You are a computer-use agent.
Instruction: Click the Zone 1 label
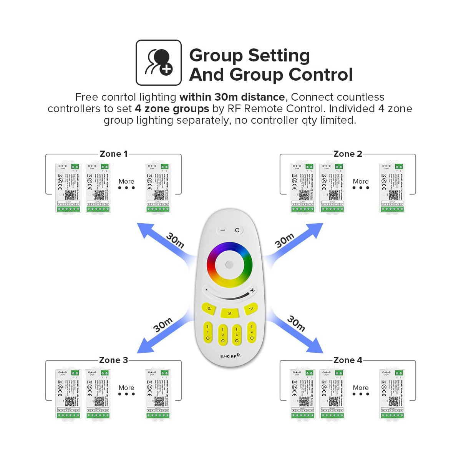[x=113, y=154]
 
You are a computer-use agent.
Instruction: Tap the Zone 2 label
[x=348, y=154]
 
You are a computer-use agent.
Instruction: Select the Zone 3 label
[x=113, y=360]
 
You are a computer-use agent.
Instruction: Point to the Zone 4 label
[x=348, y=360]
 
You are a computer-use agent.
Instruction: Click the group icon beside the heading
[x=158, y=63]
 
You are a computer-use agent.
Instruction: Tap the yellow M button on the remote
[x=230, y=313]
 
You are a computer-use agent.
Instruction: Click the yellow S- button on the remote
[x=209, y=308]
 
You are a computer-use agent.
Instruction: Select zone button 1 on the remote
[x=208, y=332]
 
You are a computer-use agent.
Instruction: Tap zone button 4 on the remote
[x=252, y=332]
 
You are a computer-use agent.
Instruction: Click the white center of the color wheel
[x=229, y=265]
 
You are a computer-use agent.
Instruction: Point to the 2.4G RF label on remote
[x=230, y=356]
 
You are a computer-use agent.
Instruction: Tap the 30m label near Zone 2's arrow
[x=284, y=240]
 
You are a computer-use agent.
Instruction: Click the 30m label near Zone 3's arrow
[x=163, y=325]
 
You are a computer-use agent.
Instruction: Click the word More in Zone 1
[x=126, y=181]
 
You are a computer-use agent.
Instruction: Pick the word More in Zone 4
[x=361, y=388]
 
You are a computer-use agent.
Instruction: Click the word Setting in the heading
[x=279, y=55]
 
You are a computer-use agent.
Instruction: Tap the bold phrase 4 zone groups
[x=172, y=109]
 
